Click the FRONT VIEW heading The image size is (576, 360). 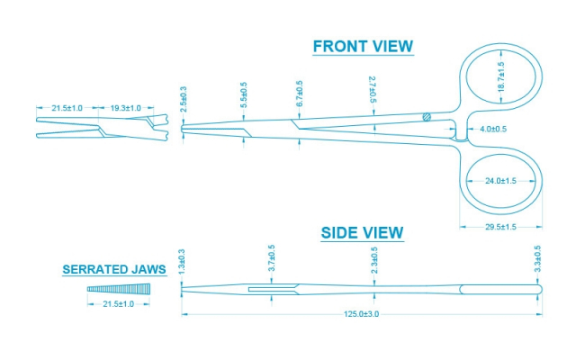[x=363, y=47]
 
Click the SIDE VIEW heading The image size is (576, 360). [x=362, y=233]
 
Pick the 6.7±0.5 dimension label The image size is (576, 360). [x=300, y=94]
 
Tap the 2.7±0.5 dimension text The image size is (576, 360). [x=373, y=92]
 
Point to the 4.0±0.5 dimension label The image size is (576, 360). [x=493, y=130]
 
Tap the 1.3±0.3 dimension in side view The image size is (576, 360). [x=183, y=263]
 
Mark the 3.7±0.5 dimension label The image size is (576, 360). [x=271, y=260]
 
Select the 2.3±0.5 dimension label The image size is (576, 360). [x=374, y=261]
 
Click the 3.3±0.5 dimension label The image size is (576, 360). [x=538, y=260]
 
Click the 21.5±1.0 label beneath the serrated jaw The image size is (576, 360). [x=114, y=305]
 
